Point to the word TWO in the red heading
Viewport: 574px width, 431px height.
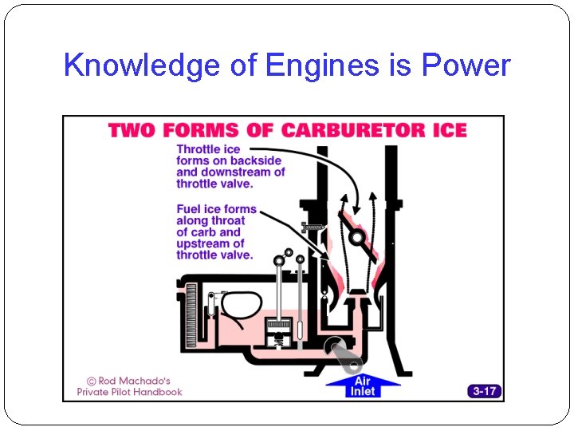131,129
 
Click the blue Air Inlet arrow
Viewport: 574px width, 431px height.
362,386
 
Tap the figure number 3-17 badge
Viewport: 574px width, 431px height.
485,391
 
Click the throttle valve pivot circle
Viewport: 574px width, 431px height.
358,237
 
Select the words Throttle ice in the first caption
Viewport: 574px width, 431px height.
208,149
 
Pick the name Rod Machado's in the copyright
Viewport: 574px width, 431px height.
134,381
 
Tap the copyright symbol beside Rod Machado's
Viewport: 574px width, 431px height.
92,381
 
